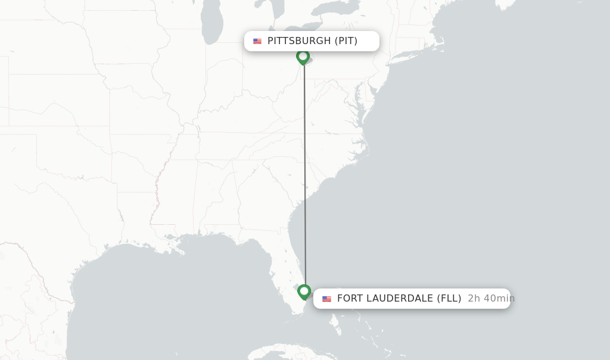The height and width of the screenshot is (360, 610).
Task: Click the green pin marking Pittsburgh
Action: (x=303, y=57)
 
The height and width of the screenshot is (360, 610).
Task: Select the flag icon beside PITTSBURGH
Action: (x=257, y=41)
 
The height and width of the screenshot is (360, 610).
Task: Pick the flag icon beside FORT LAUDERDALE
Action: (x=326, y=299)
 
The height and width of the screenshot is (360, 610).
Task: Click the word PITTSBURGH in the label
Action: (x=299, y=41)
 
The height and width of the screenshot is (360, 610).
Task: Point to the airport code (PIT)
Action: (x=346, y=41)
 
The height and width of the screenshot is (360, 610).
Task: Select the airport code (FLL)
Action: (x=449, y=299)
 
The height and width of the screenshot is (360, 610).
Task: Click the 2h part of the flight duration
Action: (x=474, y=299)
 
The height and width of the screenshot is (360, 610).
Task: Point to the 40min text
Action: (x=499, y=299)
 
